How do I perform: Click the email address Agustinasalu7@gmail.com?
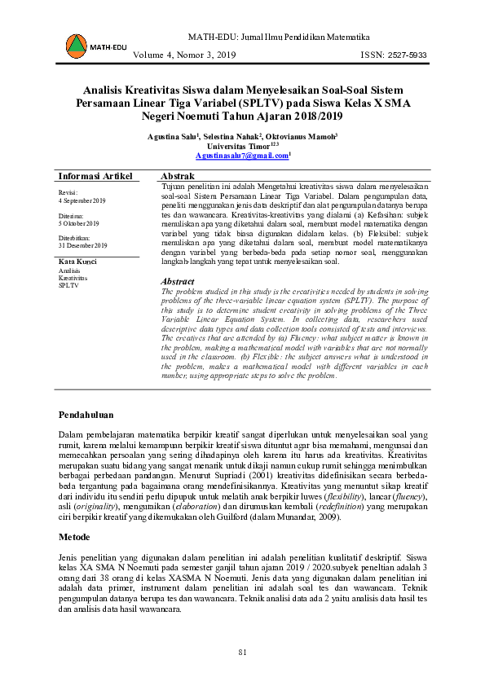point(242,155)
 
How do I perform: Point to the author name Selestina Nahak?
point(231,135)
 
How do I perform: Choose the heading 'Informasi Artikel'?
point(95,177)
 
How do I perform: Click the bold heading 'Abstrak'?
point(178,177)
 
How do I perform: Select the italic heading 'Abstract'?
point(178,281)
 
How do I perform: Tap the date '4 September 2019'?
point(82,200)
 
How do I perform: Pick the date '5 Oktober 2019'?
point(79,222)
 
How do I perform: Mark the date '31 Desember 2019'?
point(83,245)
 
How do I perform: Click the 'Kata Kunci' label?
point(78,261)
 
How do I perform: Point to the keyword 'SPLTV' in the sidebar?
point(68,286)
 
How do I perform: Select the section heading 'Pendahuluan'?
point(86,416)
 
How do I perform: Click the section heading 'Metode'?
point(74,539)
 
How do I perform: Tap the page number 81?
point(242,652)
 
